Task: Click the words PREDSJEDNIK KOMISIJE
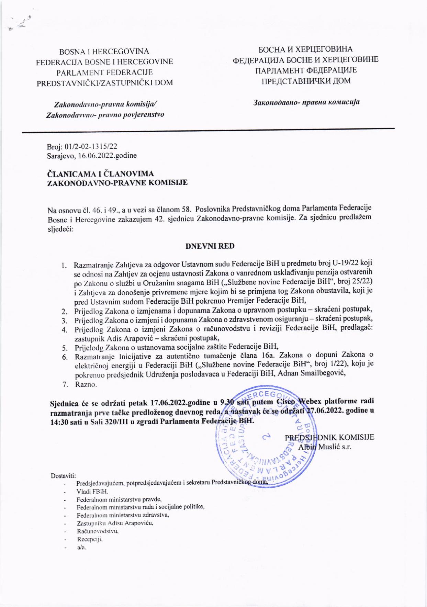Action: pos(329,438)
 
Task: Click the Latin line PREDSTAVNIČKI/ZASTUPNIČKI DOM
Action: pos(105,82)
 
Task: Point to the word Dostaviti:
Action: pos(64,476)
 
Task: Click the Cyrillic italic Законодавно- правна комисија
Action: pos(306,102)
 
